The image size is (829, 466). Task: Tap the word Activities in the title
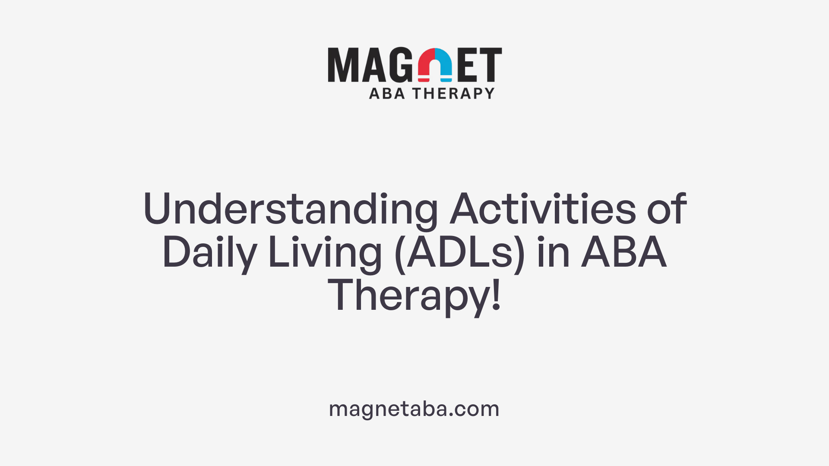point(543,209)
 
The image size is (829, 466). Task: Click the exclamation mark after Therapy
point(497,295)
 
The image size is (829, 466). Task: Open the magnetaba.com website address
point(414,409)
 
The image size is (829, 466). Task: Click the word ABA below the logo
point(387,93)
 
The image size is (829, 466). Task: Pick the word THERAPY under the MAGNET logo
point(453,93)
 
